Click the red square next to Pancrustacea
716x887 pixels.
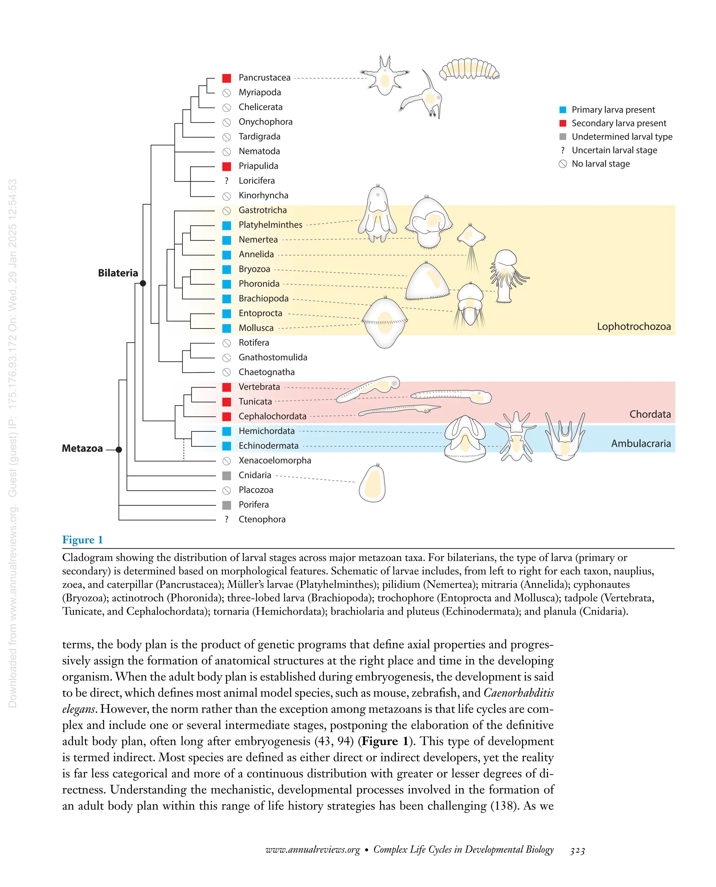pos(227,78)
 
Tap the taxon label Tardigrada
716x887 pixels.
pos(259,136)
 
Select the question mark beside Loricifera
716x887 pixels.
pos(227,181)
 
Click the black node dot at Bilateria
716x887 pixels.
pos(143,283)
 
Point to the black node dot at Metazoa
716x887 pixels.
pos(119,450)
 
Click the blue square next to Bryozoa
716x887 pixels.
pos(227,269)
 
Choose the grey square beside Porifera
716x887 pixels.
pos(227,505)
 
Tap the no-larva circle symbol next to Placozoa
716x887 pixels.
pos(227,490)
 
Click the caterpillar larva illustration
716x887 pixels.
pos(469,69)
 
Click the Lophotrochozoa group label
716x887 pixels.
pos(633,326)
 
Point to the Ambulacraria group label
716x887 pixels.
pos(640,443)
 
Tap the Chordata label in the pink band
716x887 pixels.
pos(650,414)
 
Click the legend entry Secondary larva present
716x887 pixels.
pos(619,123)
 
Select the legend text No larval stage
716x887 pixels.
pos(601,164)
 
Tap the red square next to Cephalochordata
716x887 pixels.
pos(227,416)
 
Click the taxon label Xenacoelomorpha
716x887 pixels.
pos(275,460)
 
